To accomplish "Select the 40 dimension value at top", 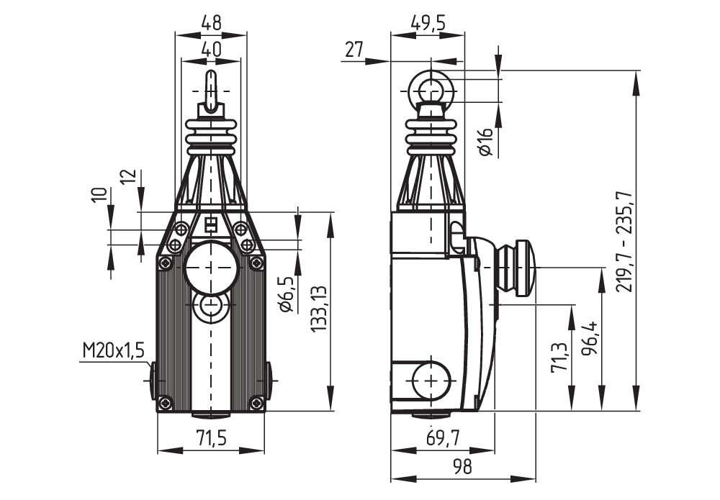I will click(211, 50).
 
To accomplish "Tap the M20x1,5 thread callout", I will click(114, 350).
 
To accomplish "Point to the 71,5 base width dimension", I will click(211, 438).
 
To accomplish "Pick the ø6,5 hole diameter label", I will click(285, 295).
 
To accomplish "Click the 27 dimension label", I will click(354, 50).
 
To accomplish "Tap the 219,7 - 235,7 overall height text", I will click(624, 242).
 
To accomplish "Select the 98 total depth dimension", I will click(462, 467).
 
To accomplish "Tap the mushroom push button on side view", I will click(516, 267).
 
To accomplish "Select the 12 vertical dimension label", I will click(128, 177).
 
